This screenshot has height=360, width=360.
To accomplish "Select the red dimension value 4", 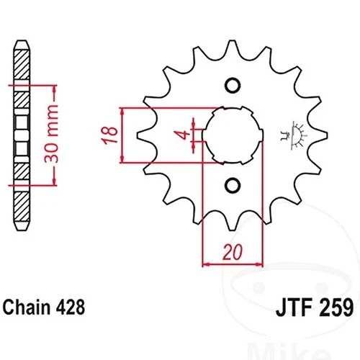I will click(185, 134).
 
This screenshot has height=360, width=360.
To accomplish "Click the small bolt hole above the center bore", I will click(232, 86).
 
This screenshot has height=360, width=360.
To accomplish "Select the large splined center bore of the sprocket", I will click(232, 135).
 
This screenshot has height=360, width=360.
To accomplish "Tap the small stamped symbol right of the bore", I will click(292, 135).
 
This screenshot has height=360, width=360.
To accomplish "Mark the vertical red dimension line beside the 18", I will click(125, 135).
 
